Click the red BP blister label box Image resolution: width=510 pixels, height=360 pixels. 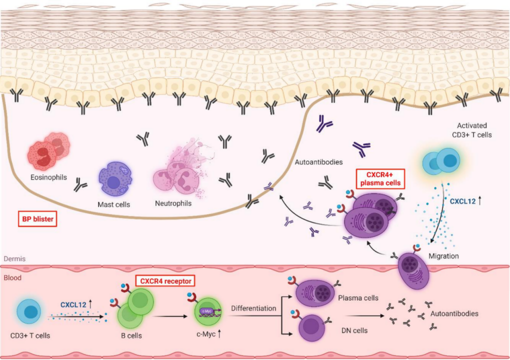(x=37, y=219)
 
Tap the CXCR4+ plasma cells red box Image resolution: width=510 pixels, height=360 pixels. (x=380, y=178)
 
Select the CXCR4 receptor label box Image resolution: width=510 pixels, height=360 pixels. (x=165, y=281)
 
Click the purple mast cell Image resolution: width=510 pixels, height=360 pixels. (x=115, y=179)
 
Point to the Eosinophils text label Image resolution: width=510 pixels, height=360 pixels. (x=49, y=177)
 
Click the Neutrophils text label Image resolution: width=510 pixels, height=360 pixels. (x=173, y=203)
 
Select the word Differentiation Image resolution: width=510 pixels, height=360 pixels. (x=253, y=308)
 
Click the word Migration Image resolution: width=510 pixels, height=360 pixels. (x=443, y=256)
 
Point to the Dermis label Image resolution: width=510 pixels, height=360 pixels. (x=14, y=259)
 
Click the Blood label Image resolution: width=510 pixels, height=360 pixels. (x=12, y=277)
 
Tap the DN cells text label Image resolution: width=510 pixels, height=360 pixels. (x=354, y=330)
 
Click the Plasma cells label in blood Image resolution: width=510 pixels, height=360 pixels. (x=358, y=298)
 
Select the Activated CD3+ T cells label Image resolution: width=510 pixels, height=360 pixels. (x=472, y=130)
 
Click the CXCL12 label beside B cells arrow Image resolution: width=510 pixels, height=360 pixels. (x=73, y=304)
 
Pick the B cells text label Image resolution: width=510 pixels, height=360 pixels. (x=131, y=335)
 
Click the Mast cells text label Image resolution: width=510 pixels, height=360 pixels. (x=114, y=204)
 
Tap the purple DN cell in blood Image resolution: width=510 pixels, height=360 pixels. (x=311, y=327)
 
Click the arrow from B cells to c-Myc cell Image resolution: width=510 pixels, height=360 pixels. (x=171, y=316)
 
